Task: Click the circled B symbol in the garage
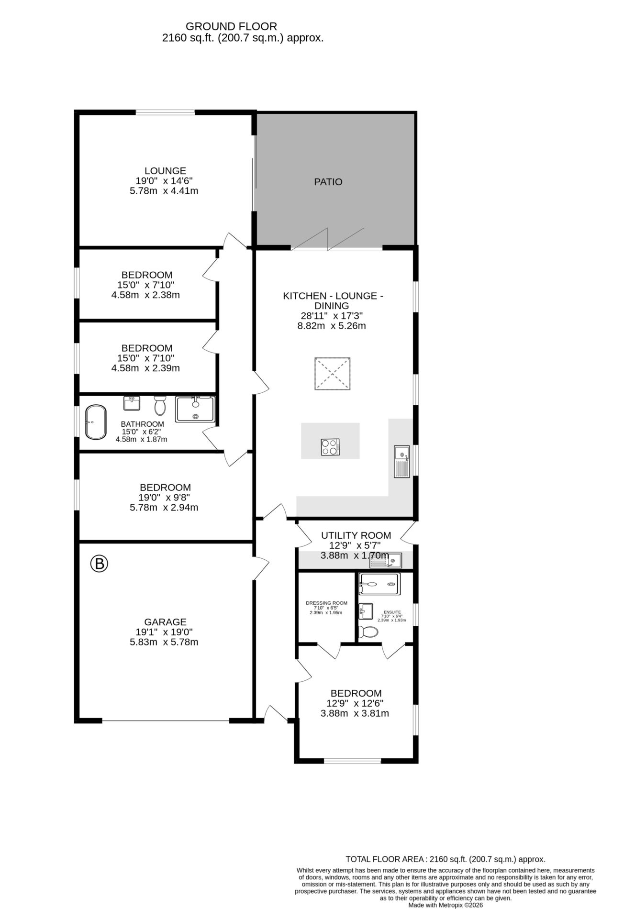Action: coord(100,564)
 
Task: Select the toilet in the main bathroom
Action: coord(160,406)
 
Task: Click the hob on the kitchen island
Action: coord(330,447)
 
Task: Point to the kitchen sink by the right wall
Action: coord(401,461)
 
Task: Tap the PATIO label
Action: coord(328,182)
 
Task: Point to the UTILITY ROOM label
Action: coord(356,535)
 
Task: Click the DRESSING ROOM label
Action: coord(326,603)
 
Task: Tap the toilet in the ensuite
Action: coord(368,632)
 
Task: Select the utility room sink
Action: coord(386,560)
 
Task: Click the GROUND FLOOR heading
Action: coord(231,26)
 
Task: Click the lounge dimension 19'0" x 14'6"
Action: coord(164,181)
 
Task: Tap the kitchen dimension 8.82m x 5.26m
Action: coord(331,326)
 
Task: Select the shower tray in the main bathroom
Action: coord(195,409)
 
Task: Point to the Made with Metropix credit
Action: coord(446,905)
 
